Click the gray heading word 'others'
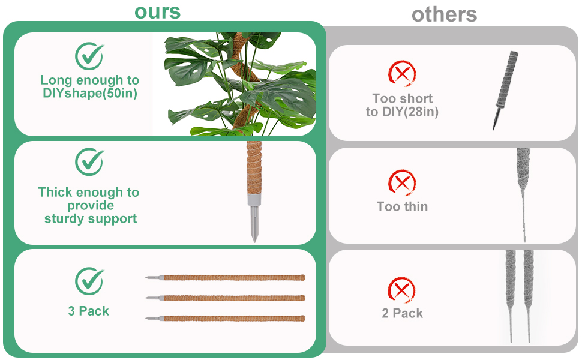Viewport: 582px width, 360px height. point(444,14)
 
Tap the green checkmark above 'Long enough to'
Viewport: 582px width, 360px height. point(89,56)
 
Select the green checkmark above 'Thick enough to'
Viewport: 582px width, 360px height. point(89,161)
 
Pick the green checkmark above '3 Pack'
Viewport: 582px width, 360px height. point(89,281)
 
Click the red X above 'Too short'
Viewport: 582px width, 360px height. point(402,74)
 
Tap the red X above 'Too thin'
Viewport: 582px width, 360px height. point(402,182)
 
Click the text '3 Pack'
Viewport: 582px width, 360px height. point(89,311)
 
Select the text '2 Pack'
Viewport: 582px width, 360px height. point(402,313)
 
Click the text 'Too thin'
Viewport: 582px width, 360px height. point(402,206)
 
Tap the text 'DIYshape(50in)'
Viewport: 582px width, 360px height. point(89,94)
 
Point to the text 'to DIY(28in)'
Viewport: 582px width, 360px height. point(402,112)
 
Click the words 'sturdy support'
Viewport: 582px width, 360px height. point(90,218)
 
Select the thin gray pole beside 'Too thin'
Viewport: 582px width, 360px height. point(521,192)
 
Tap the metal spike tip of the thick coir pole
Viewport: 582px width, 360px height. point(254,231)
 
